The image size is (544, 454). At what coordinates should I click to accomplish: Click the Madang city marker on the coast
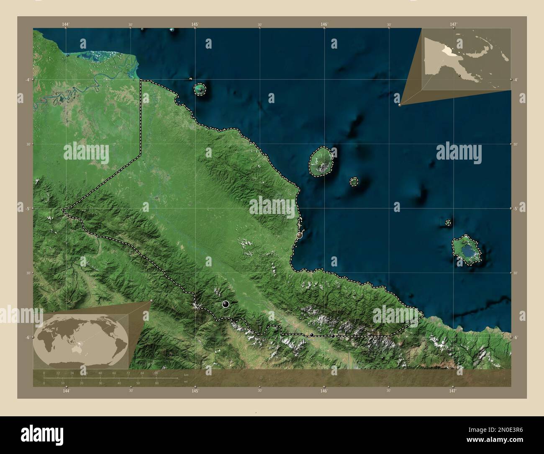pos(299,236)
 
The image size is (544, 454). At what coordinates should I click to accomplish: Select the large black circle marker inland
pos(226,304)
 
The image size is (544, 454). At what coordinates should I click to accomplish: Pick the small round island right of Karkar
pos(354,181)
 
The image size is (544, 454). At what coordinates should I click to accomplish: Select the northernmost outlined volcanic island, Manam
pos(200,89)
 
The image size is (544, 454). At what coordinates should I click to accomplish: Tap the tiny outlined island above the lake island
pos(448,223)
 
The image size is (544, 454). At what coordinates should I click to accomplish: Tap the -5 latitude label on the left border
pos(23,208)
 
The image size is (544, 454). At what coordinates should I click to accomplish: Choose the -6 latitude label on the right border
pos(516,338)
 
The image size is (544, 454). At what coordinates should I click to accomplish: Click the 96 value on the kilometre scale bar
pos(156,372)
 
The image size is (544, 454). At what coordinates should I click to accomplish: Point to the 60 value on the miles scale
pos(157,383)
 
